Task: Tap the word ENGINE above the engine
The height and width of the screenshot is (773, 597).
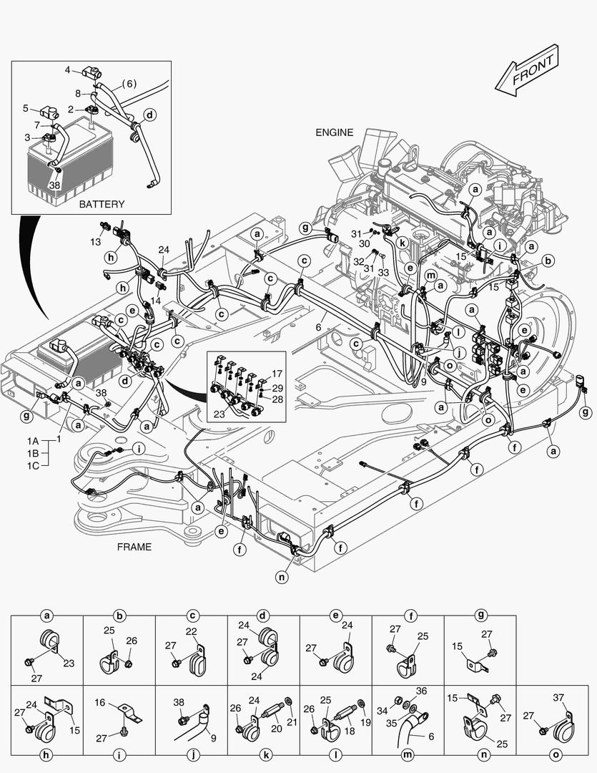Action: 335,132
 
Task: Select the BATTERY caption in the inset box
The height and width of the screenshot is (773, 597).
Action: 102,204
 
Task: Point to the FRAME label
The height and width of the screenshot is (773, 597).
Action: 134,547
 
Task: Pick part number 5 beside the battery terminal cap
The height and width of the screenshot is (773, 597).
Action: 25,109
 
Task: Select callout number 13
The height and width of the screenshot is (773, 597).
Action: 96,242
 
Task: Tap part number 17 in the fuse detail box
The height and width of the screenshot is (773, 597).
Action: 276,373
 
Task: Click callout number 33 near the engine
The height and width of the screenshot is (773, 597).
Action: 383,272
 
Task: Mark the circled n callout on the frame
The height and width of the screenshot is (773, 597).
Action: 283,575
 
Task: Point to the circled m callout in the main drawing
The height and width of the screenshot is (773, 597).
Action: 430,276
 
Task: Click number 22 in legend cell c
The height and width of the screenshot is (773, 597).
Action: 191,631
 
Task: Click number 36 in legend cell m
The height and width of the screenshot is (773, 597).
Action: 421,691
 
